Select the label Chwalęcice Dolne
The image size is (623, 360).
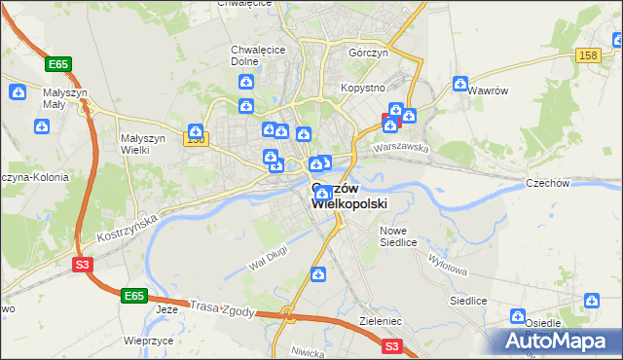tap(250, 55)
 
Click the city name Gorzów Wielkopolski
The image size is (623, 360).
tap(349, 196)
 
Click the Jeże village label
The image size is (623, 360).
tap(166, 309)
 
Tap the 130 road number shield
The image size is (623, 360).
tap(196, 139)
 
